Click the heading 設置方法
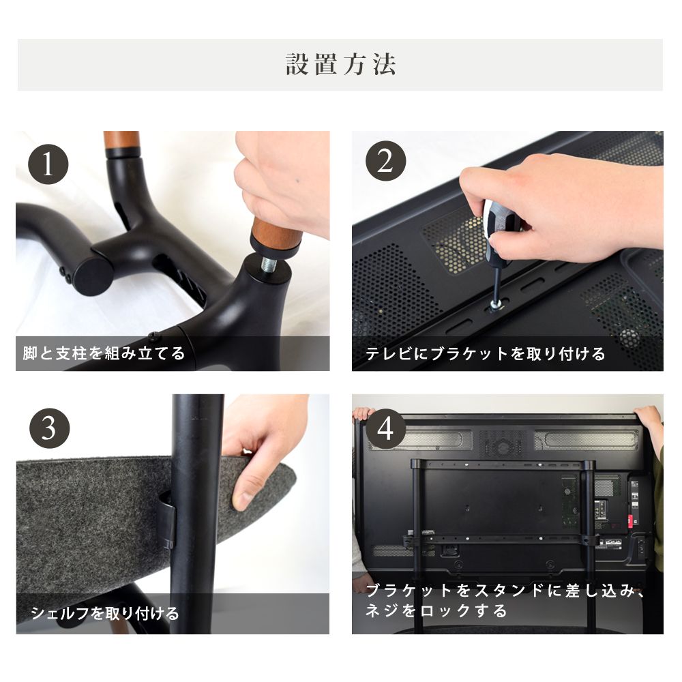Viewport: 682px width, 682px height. point(340,65)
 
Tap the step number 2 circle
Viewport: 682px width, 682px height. point(385,164)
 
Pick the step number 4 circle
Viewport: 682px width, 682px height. point(385,430)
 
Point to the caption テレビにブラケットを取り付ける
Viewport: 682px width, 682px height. point(485,354)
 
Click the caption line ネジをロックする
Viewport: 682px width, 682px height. point(436,610)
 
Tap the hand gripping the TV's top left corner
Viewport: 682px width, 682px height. point(362,415)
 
